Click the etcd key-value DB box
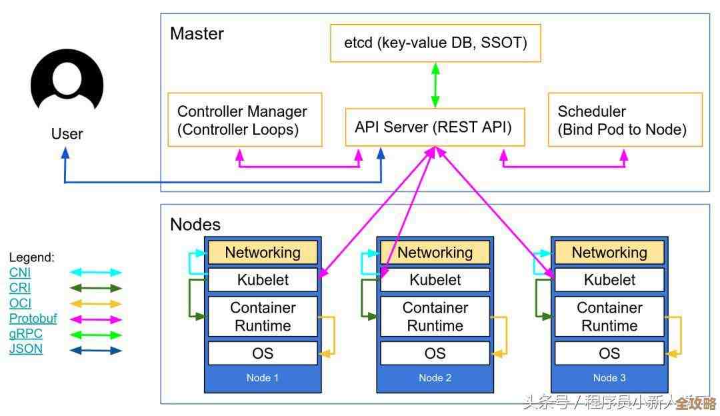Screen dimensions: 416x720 (435, 43)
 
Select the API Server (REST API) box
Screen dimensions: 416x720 (434, 127)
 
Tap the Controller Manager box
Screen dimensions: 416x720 (245, 120)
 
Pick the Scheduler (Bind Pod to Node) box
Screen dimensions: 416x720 (625, 120)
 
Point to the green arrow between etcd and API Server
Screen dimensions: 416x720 (435, 85)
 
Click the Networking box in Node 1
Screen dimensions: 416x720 (263, 253)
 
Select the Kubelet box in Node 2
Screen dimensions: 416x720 (435, 280)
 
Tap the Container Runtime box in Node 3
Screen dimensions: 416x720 (609, 317)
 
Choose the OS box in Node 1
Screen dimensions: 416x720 (263, 353)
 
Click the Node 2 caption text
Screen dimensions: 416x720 (435, 378)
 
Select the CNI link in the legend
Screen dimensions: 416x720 (20, 273)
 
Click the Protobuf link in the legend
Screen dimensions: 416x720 (33, 319)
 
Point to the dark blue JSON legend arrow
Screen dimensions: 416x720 (96, 350)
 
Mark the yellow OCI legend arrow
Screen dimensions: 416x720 (96, 304)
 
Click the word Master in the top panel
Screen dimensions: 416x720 (197, 33)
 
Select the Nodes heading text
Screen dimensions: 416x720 (195, 224)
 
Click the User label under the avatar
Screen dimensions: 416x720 (67, 134)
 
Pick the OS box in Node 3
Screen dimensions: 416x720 (609, 353)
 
